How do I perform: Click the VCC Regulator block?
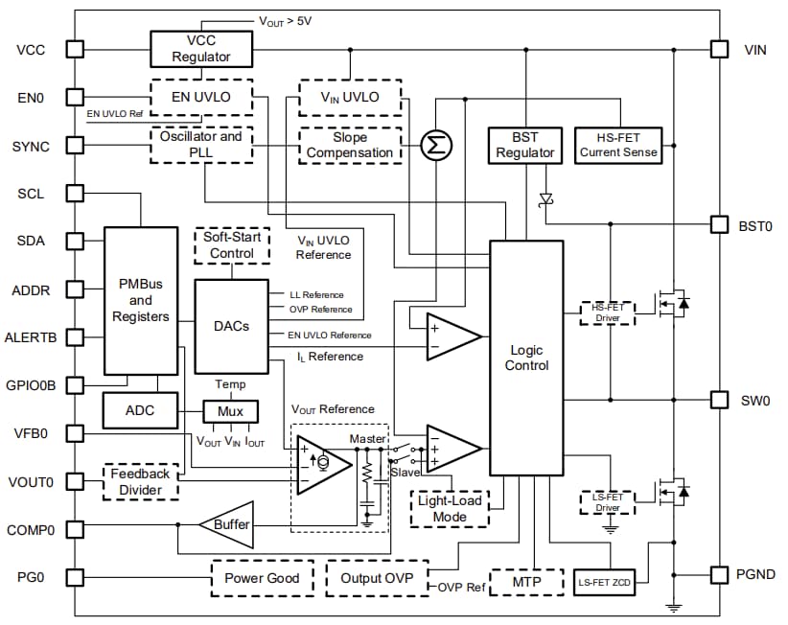[x=201, y=48]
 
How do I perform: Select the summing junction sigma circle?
[x=437, y=145]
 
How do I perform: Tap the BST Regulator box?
[x=524, y=145]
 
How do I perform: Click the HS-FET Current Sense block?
[x=618, y=145]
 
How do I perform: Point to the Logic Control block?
[x=526, y=358]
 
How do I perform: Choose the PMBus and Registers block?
[x=141, y=300]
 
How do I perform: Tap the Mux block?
[x=230, y=411]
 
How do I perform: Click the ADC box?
[x=141, y=411]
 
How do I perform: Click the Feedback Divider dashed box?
[x=140, y=481]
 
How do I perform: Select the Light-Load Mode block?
[x=449, y=509]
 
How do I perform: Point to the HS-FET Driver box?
[x=608, y=312]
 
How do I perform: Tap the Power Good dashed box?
[x=261, y=578]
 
